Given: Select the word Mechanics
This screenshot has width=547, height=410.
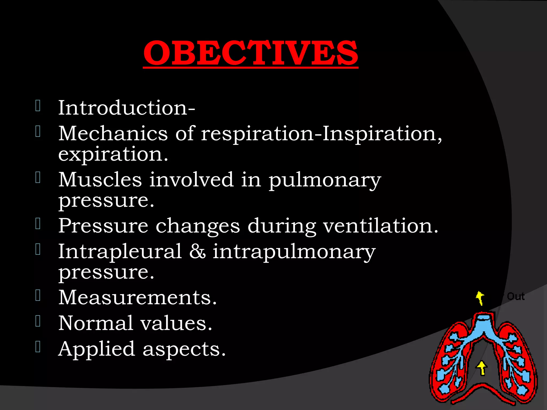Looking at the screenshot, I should pos(113,133).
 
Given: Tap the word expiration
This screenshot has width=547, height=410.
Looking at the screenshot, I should pos(113,155).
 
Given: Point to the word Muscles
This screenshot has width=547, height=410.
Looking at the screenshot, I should pos(100,180).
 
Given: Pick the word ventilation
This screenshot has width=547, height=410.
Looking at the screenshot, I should pos(380,226).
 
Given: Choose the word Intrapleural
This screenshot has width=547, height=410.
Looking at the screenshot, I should pos(120,251).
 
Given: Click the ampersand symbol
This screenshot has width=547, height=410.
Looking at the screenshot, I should pos(197,252).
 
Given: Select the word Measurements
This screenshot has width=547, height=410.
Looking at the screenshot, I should pos(137,297).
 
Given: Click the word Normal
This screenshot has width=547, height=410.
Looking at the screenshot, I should pos(96,323).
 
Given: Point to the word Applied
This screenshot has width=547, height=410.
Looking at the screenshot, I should pos(97,349).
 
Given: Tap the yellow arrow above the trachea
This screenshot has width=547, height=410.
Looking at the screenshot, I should pos(480,298).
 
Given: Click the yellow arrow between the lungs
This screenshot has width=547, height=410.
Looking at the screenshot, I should pos(482,368).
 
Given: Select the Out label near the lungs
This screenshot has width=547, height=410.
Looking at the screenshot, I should pos(515,297).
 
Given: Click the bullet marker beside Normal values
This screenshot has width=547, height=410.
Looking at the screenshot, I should pos(38,321).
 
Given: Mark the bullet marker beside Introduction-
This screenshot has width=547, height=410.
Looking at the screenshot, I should pos(38,106).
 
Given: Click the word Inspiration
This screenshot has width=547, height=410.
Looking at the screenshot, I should pos(382,133).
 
